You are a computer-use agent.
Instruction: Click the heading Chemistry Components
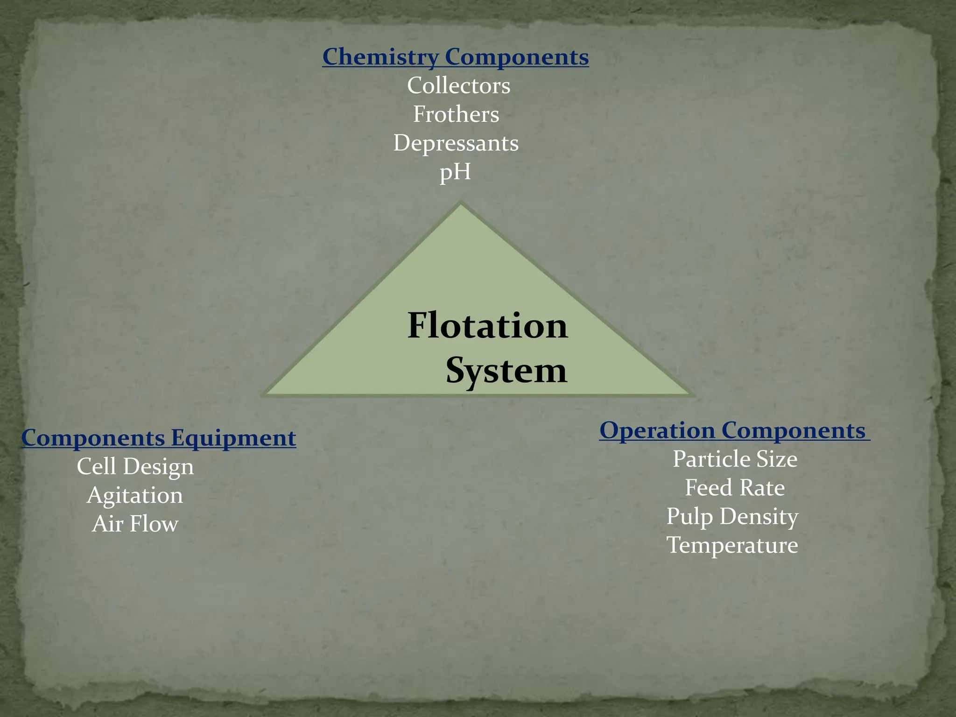click(455, 57)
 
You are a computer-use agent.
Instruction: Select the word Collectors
click(458, 85)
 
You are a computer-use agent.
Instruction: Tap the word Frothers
click(456, 114)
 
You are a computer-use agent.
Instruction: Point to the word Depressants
click(456, 143)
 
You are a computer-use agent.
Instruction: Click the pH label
click(455, 172)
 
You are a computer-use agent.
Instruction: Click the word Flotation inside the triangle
click(487, 325)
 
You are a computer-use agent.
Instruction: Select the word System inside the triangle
click(506, 371)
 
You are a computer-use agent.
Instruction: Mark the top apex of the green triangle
click(461, 203)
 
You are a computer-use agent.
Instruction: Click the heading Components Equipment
click(159, 438)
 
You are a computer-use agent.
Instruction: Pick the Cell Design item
click(135, 466)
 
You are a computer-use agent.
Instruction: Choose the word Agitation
click(135, 495)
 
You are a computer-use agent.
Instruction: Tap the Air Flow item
click(135, 524)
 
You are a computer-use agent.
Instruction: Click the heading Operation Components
click(732, 430)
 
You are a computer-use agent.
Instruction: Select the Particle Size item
click(735, 459)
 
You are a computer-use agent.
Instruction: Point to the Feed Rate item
click(735, 488)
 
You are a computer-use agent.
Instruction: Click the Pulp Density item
click(732, 517)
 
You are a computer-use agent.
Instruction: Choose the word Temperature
click(732, 545)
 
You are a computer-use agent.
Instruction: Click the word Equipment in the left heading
click(233, 438)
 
